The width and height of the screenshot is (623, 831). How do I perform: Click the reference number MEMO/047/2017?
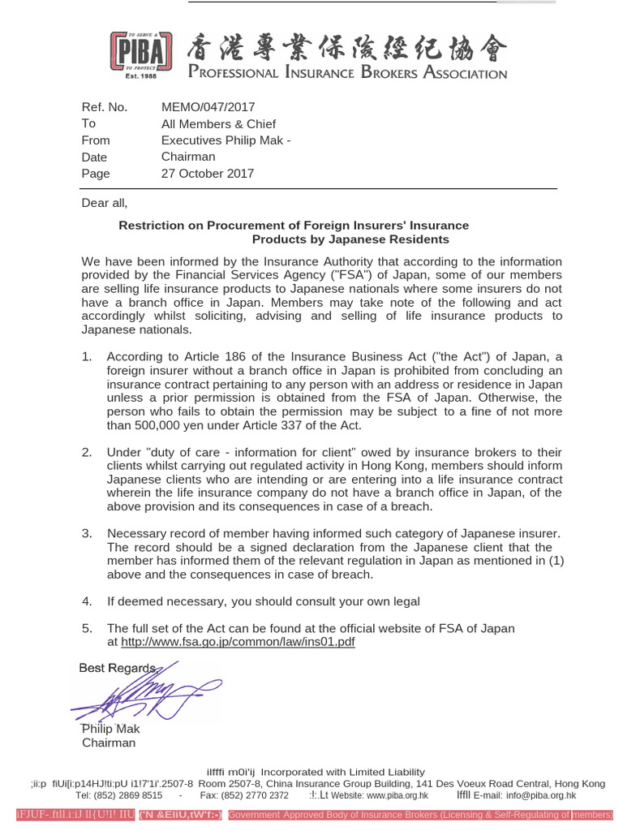click(x=208, y=107)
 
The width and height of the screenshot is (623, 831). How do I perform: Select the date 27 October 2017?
click(x=208, y=173)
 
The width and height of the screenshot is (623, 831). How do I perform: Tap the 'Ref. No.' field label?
click(x=105, y=107)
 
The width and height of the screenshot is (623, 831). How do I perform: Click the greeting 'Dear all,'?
click(x=105, y=203)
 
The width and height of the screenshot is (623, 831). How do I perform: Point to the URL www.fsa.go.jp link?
click(x=238, y=642)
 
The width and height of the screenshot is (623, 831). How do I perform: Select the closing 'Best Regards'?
click(x=117, y=668)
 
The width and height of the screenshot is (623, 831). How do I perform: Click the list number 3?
click(x=87, y=533)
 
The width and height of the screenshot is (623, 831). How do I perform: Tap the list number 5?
click(x=87, y=628)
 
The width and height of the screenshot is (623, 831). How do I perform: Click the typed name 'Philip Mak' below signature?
click(x=110, y=729)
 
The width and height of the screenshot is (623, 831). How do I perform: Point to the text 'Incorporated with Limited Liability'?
click(x=342, y=771)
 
